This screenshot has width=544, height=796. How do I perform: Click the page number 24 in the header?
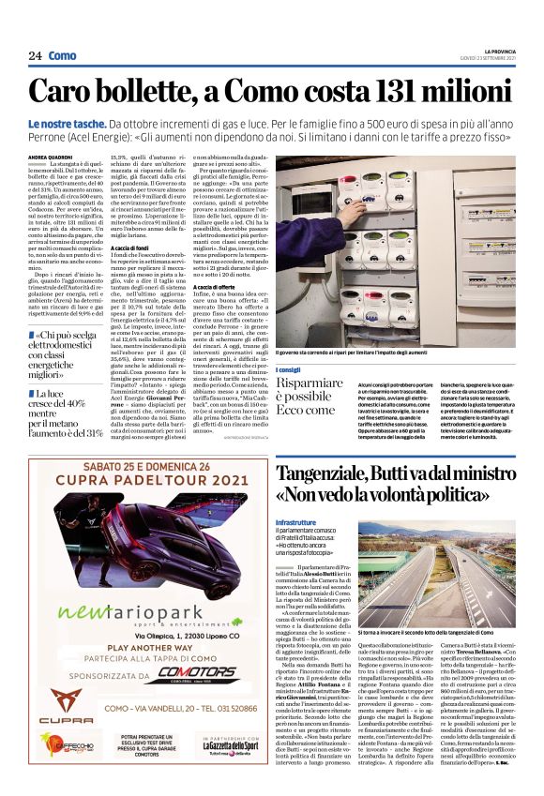[35, 56]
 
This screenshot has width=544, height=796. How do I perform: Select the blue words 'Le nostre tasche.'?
[91, 125]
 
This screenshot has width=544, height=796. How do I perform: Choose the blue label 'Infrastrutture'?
[297, 518]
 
